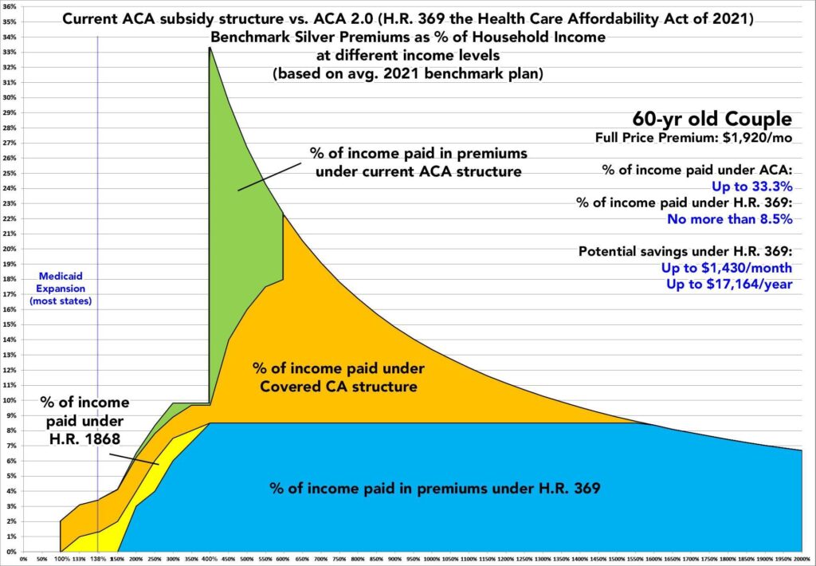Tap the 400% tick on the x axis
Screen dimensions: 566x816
coord(210,558)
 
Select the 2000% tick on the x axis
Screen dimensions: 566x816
coord(802,558)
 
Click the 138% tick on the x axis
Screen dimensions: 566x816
coord(98,558)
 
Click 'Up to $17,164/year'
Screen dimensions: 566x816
coord(736,284)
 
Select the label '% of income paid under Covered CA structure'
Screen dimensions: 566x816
coord(339,377)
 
